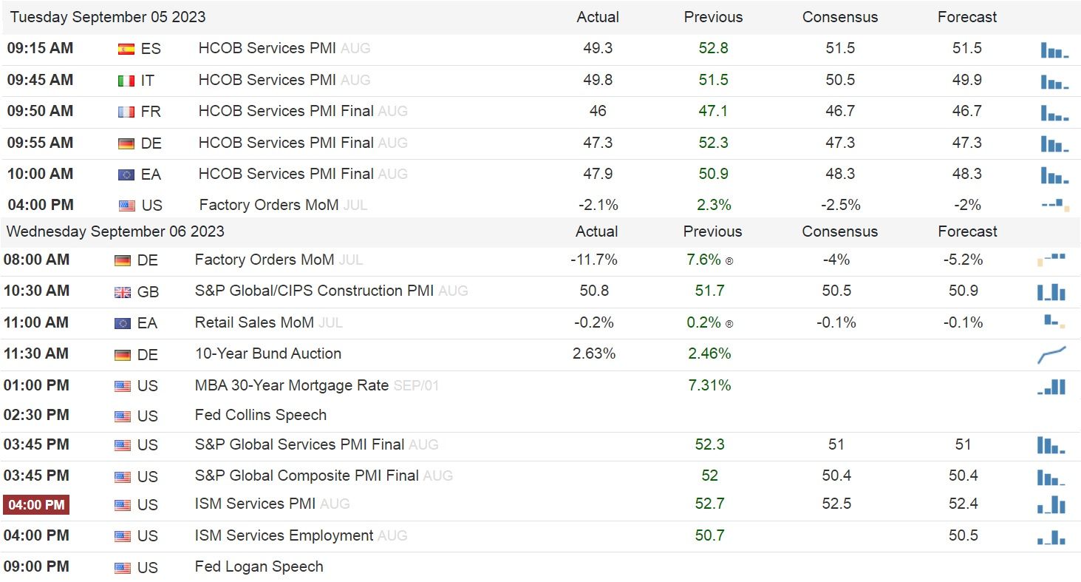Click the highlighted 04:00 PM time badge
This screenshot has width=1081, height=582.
(x=36, y=505)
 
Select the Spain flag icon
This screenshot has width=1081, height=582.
(x=126, y=50)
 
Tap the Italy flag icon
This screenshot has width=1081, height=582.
(x=126, y=81)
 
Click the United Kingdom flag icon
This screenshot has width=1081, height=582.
(x=123, y=292)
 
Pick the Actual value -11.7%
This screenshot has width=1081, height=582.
(x=594, y=260)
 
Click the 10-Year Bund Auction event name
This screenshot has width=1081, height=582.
(x=267, y=353)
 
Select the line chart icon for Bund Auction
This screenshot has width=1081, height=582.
(x=1051, y=355)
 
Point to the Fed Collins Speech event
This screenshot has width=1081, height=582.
(x=260, y=415)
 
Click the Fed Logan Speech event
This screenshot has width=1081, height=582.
(x=259, y=566)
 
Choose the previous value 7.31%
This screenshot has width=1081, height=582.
(x=709, y=385)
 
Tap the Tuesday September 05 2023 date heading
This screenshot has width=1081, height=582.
(x=108, y=17)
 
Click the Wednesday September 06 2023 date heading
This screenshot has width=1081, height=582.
(x=115, y=231)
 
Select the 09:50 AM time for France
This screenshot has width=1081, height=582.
(x=40, y=111)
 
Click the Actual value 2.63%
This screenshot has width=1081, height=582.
(x=594, y=353)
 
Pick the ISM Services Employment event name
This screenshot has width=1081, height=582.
(x=284, y=535)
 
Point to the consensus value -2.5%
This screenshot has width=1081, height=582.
(x=840, y=205)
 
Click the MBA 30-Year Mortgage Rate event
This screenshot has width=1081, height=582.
(x=291, y=385)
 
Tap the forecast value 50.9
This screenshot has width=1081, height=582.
(x=964, y=291)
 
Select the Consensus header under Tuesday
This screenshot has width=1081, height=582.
(x=840, y=17)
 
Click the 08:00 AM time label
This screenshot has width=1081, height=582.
(x=37, y=260)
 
